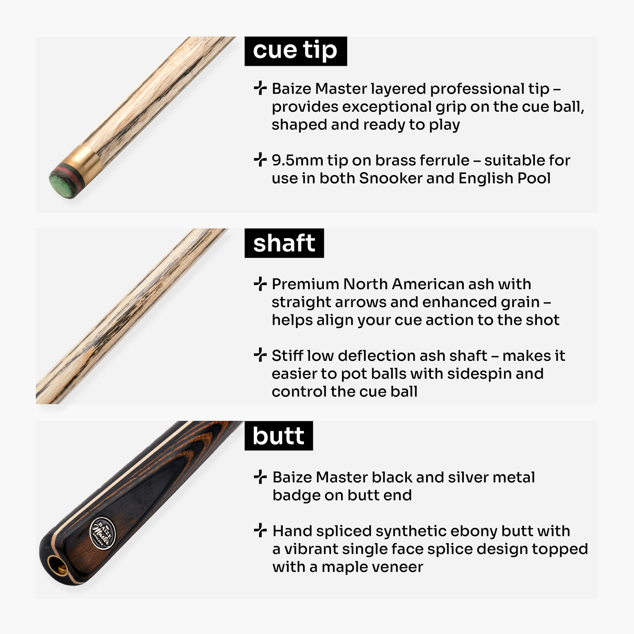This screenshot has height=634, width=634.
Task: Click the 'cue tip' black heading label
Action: point(295,51)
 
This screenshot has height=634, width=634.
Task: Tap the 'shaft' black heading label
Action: point(284,243)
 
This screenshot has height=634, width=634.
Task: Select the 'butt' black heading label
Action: point(278,436)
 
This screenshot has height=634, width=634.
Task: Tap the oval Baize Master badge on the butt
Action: point(102,533)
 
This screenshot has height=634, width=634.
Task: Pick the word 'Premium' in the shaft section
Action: point(306,284)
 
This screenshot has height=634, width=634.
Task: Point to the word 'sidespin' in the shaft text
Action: point(479,374)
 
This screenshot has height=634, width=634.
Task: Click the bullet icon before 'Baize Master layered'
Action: point(260,88)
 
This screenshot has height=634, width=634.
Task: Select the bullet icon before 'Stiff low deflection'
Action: point(260,355)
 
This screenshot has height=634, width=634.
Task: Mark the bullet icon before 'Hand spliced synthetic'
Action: point(260,531)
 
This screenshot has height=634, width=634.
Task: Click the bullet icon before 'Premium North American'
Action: point(260,284)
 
